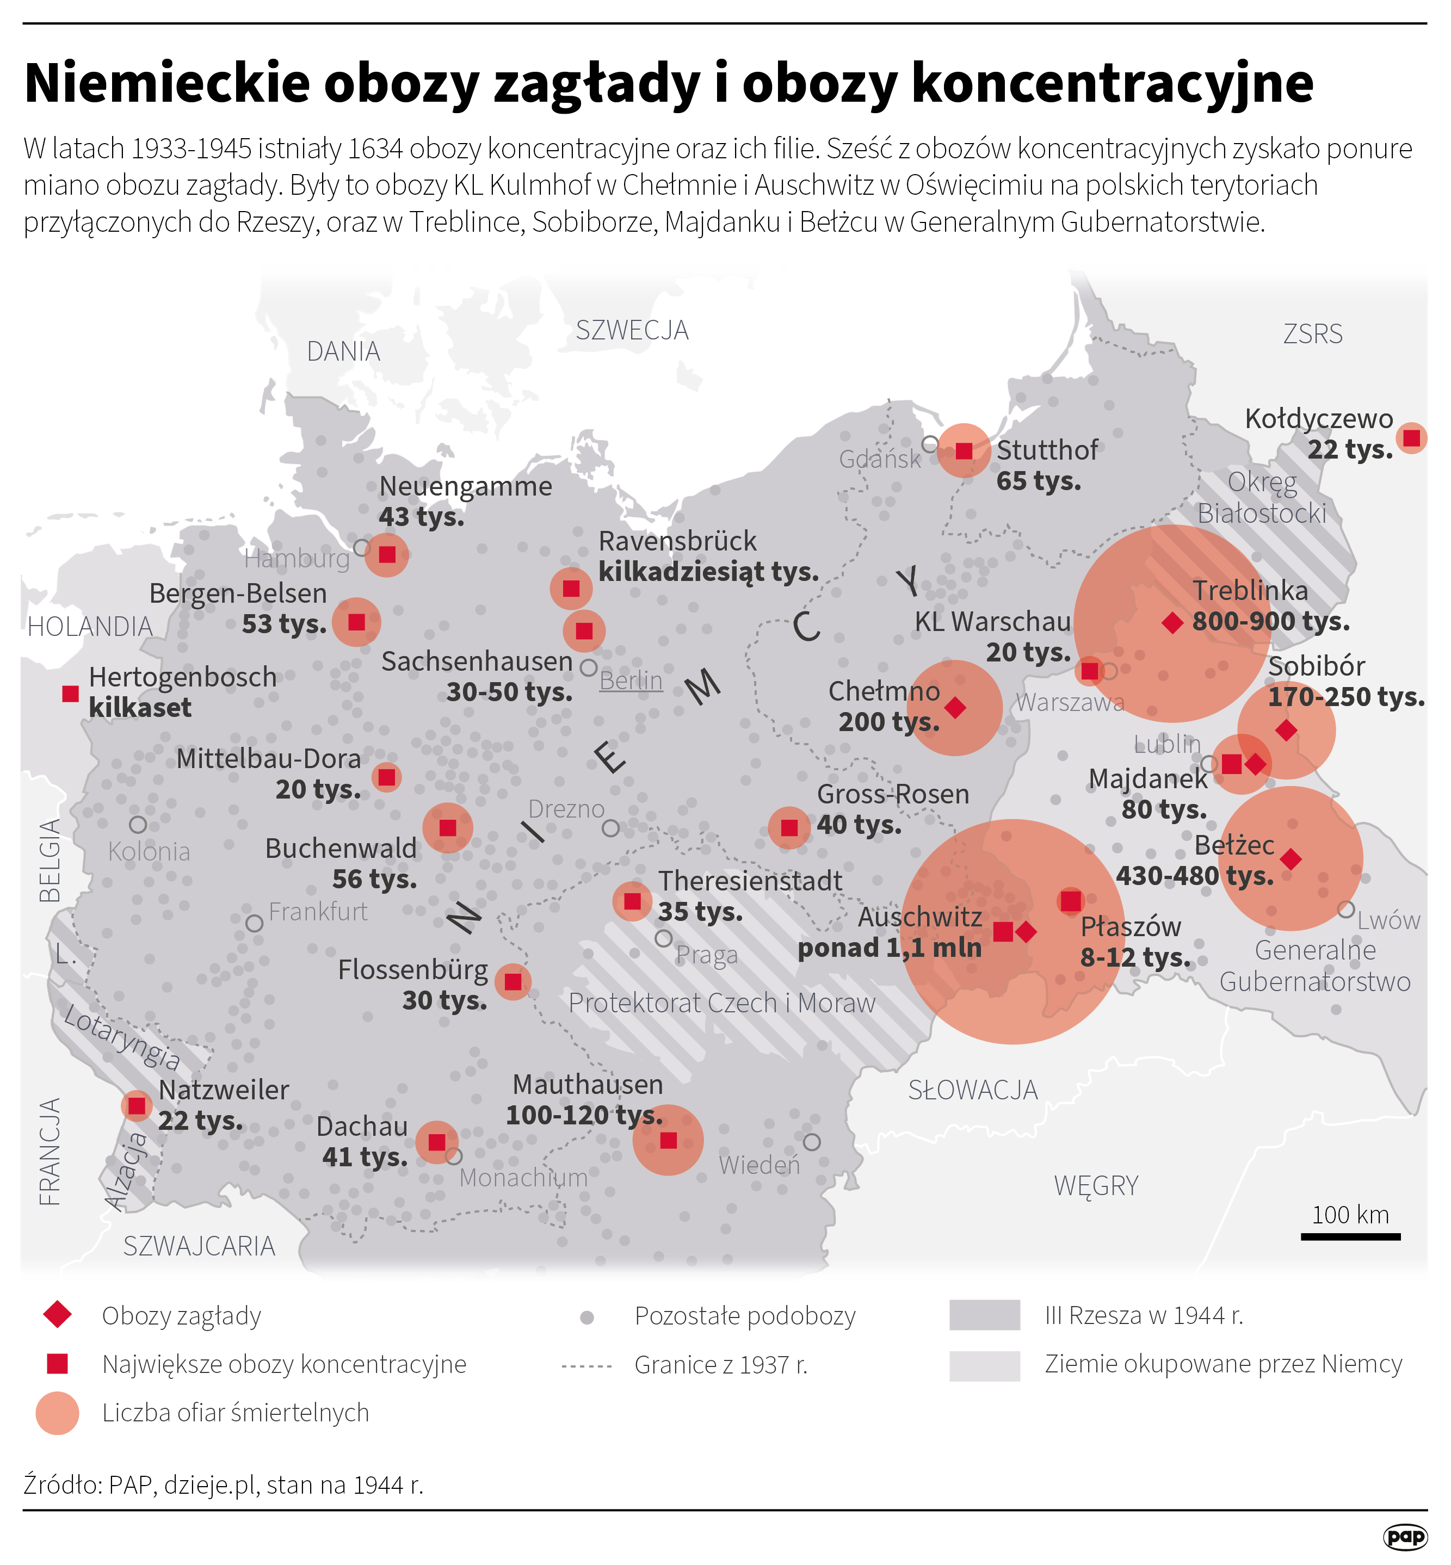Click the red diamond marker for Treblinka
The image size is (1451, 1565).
coord(1172,623)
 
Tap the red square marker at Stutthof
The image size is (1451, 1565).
coord(964,450)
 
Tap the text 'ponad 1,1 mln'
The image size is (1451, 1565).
coord(889,948)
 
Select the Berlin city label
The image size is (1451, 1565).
coord(631,681)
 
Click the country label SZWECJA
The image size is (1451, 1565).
coord(632,330)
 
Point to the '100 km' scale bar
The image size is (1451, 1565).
coord(1350,1236)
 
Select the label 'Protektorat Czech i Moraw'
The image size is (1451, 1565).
coord(721,1003)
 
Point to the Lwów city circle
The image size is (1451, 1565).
coord(1346,910)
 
